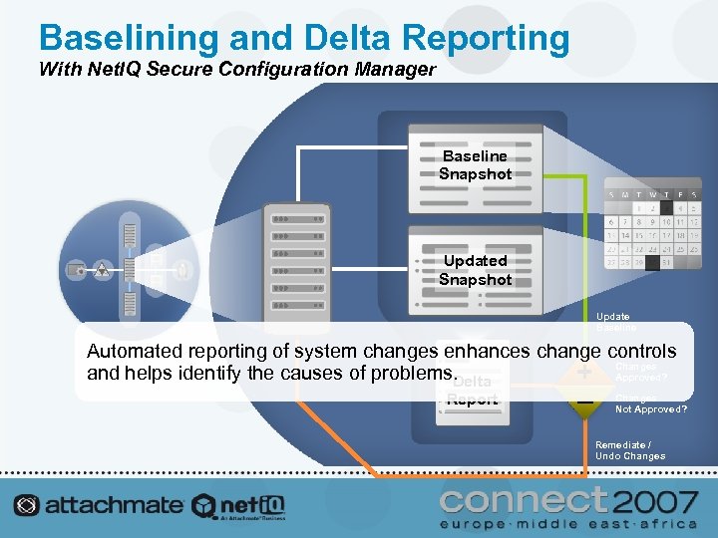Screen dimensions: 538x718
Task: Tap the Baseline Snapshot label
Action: (x=475, y=165)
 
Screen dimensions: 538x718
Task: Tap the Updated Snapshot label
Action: (x=475, y=270)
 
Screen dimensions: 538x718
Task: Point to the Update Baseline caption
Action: (x=615, y=320)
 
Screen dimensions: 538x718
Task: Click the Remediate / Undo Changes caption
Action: (x=629, y=450)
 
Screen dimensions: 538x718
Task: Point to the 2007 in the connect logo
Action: (x=654, y=499)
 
